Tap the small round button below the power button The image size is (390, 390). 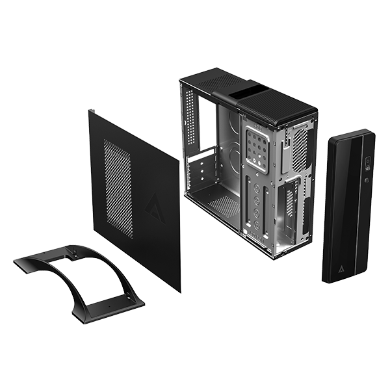(367, 180)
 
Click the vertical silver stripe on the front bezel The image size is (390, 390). (356, 208)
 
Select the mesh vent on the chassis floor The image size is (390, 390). (225, 206)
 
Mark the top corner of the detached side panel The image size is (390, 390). (90, 111)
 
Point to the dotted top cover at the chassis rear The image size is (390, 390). (214, 81)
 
